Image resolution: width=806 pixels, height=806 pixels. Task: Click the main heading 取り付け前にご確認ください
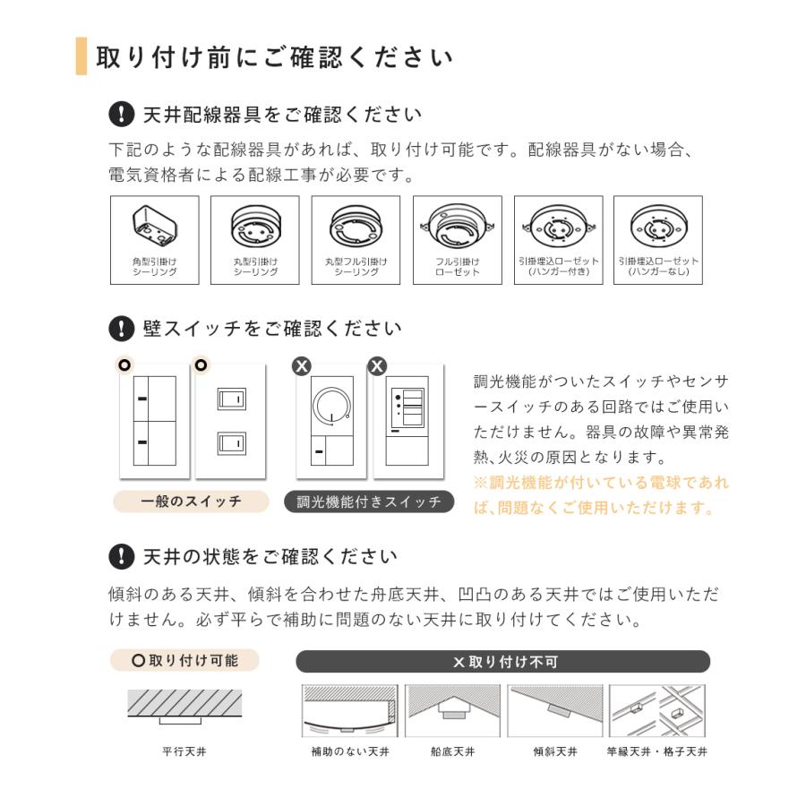[274, 57]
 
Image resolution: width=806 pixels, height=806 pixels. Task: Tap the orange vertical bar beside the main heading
[81, 56]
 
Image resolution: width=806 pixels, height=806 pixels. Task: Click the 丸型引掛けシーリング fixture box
[254, 240]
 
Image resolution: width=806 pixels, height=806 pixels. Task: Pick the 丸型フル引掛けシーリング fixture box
[356, 240]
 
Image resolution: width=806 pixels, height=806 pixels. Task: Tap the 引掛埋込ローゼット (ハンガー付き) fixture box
[558, 240]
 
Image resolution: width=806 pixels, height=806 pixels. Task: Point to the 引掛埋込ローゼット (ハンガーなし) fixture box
[658, 240]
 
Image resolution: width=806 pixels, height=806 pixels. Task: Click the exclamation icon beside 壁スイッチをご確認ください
[120, 329]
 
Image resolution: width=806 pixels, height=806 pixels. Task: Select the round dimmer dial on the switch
[332, 405]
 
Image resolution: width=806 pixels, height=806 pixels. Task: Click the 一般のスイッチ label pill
[191, 502]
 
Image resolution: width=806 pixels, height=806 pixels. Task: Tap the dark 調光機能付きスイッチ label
[369, 502]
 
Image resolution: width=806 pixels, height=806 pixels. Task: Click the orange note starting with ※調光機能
[601, 495]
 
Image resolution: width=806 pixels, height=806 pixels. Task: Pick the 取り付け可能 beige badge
[184, 661]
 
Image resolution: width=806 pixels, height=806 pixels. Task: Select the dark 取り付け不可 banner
[503, 662]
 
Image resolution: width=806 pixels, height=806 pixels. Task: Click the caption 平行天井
[184, 751]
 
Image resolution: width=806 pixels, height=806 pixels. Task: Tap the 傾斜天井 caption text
[555, 751]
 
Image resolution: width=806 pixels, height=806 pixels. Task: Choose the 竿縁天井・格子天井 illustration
[656, 712]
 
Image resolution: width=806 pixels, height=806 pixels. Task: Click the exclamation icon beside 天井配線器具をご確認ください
[120, 115]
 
